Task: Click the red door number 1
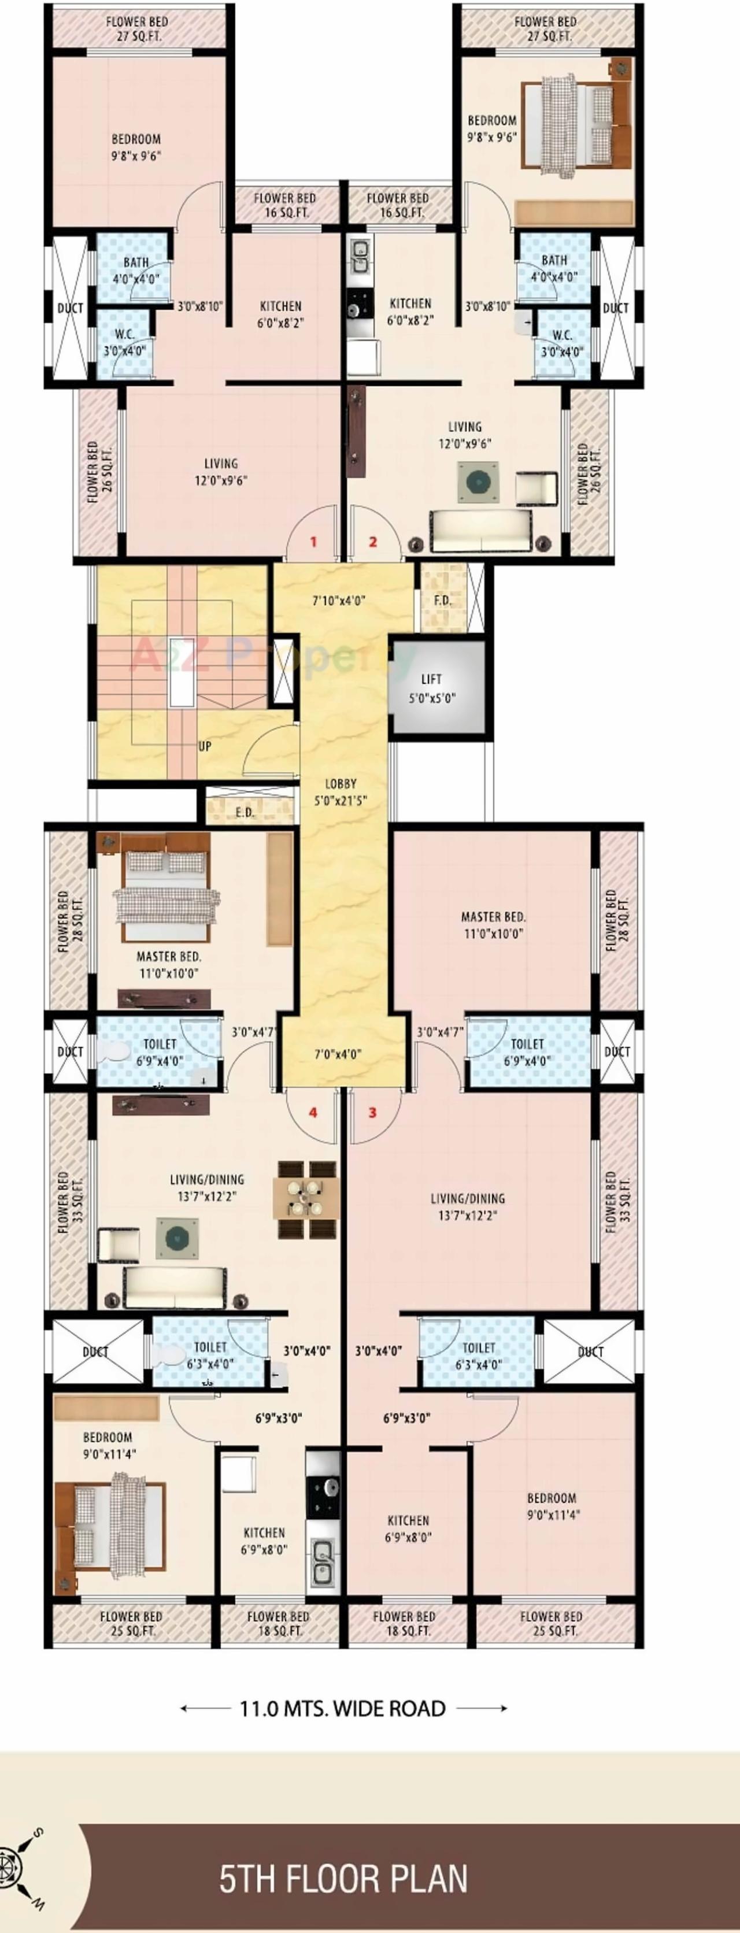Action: tap(314, 542)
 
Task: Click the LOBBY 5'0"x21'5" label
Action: tap(341, 792)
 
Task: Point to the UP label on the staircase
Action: tap(205, 747)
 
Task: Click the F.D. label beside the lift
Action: tap(443, 601)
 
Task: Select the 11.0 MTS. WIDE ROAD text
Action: tap(343, 1709)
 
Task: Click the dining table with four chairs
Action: tap(307, 1199)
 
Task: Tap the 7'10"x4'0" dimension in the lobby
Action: tap(339, 601)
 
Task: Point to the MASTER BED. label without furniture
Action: tap(493, 925)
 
